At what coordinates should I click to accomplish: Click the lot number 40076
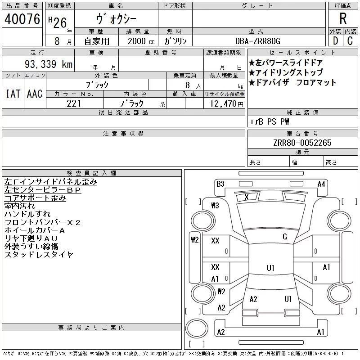click(22, 19)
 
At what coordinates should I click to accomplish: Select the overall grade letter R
click(343, 18)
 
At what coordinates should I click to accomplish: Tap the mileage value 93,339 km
click(49, 64)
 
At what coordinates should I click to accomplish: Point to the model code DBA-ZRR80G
click(258, 41)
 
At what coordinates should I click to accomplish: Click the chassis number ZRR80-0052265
click(302, 143)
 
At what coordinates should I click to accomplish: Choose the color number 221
click(74, 103)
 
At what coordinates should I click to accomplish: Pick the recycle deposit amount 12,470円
click(227, 104)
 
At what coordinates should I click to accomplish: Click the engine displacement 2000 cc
click(141, 41)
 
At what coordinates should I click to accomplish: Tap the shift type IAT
click(13, 94)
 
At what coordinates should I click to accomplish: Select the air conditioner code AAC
click(35, 94)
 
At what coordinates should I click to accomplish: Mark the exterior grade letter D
click(335, 41)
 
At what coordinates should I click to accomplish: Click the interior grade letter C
click(350, 41)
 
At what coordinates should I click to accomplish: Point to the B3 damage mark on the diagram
click(220, 184)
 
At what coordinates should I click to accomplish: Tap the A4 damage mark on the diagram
click(321, 184)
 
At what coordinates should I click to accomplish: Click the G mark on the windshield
click(285, 237)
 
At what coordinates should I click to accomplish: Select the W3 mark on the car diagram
click(215, 206)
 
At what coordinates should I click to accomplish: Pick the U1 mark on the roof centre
click(270, 268)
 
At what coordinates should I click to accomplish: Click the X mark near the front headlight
click(247, 197)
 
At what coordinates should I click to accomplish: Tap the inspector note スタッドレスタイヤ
click(39, 254)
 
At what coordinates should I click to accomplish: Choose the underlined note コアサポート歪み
click(35, 198)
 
